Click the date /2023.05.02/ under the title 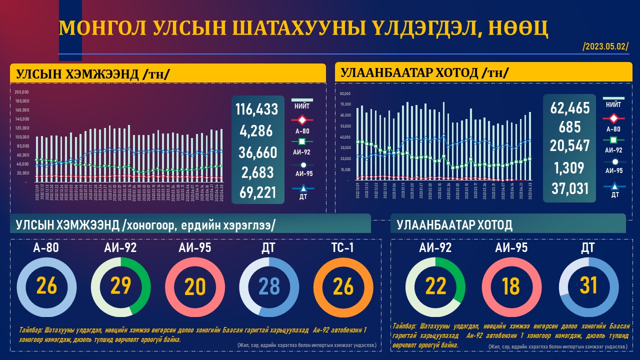pyautogui.click(x=605, y=47)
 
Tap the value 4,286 pyautogui.click(x=256, y=131)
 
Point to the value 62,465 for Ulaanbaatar pyautogui.click(x=570, y=108)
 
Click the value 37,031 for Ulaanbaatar pyautogui.click(x=570, y=189)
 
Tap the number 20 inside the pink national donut pyautogui.click(x=195, y=286)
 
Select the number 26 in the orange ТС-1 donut pyautogui.click(x=343, y=286)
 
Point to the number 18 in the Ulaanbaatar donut pyautogui.click(x=511, y=286)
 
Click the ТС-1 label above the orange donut pyautogui.click(x=343, y=247)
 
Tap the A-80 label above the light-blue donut pyautogui.click(x=47, y=247)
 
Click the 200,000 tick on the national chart pyautogui.click(x=21, y=92)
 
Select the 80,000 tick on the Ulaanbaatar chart pyautogui.click(x=345, y=93)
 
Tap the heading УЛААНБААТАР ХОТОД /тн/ pyautogui.click(x=425, y=73)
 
